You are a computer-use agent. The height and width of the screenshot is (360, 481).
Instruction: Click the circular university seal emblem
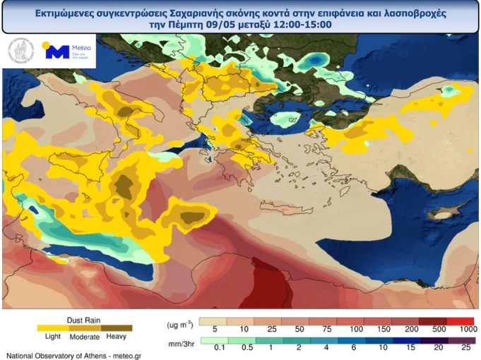click(20, 51)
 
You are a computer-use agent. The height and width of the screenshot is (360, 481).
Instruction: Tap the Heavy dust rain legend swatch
click(117, 328)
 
